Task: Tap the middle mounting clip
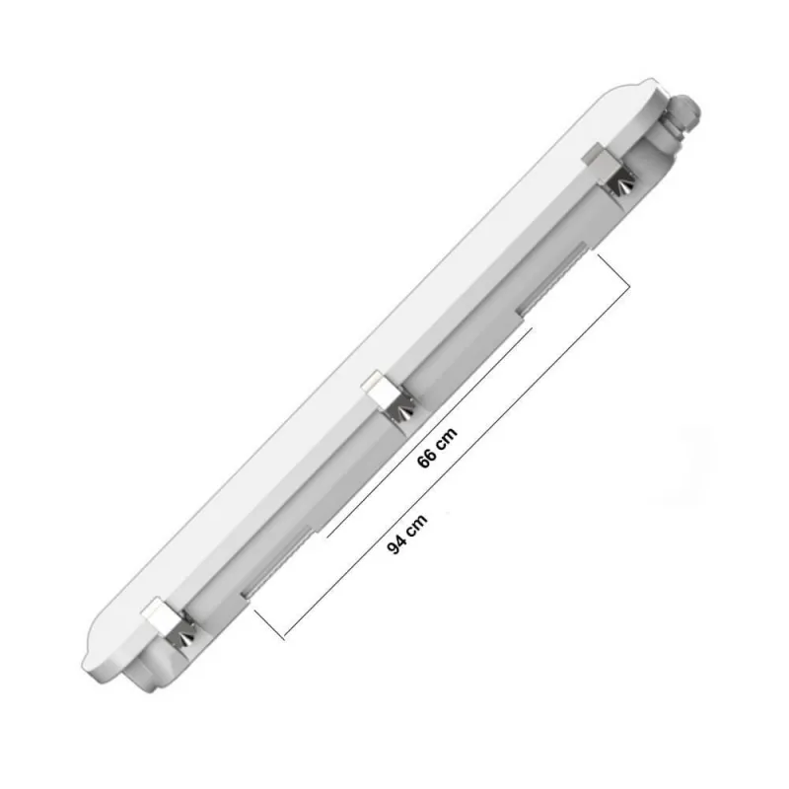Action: click(380, 392)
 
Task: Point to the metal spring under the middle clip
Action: click(401, 415)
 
